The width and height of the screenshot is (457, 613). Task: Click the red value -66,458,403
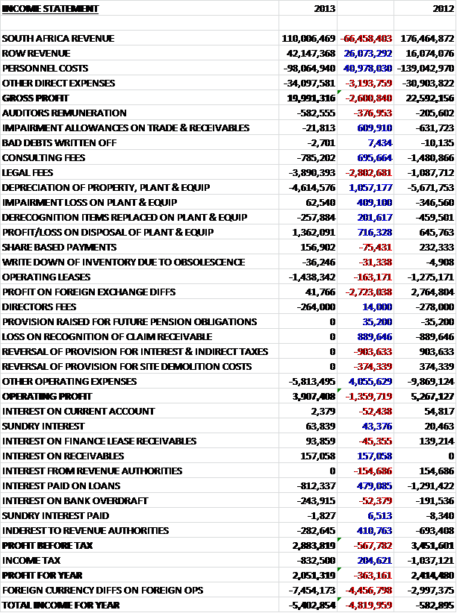click(x=366, y=38)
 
